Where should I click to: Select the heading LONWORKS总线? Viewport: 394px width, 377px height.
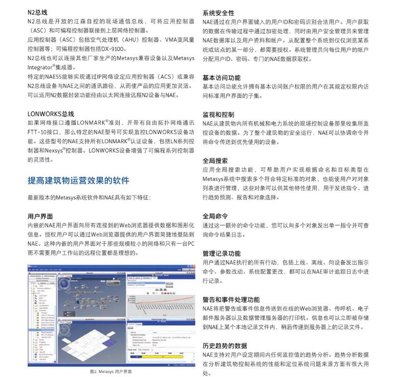click(51, 113)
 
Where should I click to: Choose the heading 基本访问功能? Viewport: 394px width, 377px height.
click(222, 78)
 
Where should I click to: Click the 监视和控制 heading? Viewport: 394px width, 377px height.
click(218, 114)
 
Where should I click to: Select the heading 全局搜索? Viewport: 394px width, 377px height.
click(215, 160)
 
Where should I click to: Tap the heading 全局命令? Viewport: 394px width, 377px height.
click(215, 216)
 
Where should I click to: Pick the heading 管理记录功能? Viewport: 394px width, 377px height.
click(222, 253)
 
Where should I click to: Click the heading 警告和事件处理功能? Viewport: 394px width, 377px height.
click(231, 299)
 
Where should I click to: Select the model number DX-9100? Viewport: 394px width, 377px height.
click(113, 49)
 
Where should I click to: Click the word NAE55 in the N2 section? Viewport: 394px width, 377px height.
click(53, 76)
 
